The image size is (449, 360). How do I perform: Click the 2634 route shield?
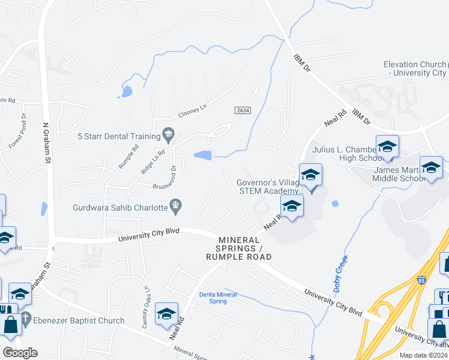243,110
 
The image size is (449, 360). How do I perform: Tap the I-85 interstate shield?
423,280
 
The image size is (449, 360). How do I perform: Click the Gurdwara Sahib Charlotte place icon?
176,207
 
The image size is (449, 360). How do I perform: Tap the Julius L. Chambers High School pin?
387,147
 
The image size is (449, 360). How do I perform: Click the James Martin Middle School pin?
431,167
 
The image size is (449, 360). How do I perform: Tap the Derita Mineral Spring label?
218,298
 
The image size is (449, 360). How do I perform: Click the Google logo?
19,353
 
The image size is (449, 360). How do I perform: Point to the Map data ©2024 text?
423,355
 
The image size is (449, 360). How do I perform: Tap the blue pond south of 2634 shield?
203,156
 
